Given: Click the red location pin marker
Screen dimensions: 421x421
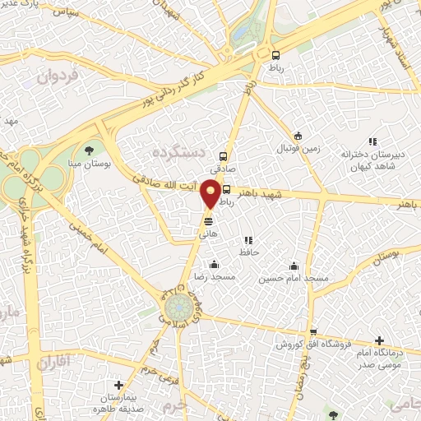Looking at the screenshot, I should (211, 192).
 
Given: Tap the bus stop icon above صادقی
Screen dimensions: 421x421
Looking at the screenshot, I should (222, 155).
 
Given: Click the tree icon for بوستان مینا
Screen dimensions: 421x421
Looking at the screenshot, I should (89, 150).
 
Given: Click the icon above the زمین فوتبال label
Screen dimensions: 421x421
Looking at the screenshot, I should (298, 136).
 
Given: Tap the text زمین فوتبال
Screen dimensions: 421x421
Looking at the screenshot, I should (296, 149).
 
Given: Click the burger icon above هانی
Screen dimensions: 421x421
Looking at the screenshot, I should (208, 222).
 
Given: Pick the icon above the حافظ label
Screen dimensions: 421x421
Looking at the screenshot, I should (248, 240).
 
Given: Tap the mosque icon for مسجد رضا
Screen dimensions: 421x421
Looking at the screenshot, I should (214, 265).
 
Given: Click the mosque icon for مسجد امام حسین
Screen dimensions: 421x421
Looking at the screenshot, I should (294, 266).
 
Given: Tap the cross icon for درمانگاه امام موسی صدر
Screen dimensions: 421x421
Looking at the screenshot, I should (379, 340).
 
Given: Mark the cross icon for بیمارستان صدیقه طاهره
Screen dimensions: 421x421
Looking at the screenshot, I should (119, 384).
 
